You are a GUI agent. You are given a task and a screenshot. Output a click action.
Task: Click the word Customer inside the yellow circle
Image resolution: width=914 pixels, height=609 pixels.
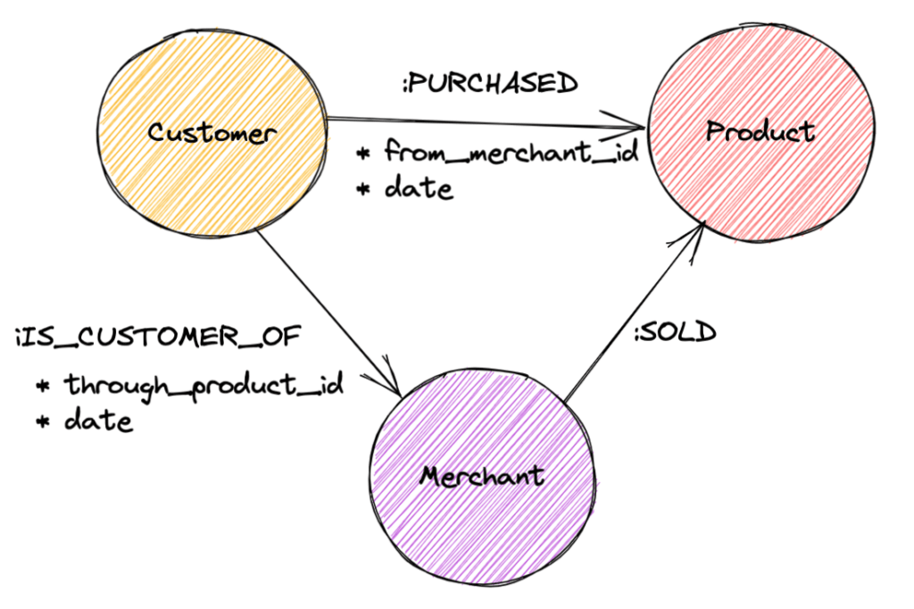[212, 134]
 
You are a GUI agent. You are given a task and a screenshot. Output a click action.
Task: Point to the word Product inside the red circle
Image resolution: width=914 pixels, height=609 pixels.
[760, 132]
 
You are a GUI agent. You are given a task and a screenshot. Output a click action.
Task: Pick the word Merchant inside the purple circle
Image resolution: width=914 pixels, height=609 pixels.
[482, 475]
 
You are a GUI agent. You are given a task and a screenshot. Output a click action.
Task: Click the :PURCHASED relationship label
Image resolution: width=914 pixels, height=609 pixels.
[489, 83]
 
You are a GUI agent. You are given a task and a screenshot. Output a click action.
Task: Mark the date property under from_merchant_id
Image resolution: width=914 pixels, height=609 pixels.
[419, 189]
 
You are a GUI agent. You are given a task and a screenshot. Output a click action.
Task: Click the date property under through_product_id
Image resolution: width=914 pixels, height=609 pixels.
[98, 421]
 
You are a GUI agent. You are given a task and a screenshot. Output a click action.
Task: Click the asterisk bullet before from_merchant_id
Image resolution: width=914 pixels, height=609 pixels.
[363, 154]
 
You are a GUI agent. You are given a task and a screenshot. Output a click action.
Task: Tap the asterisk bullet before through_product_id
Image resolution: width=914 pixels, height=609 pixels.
[43, 387]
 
